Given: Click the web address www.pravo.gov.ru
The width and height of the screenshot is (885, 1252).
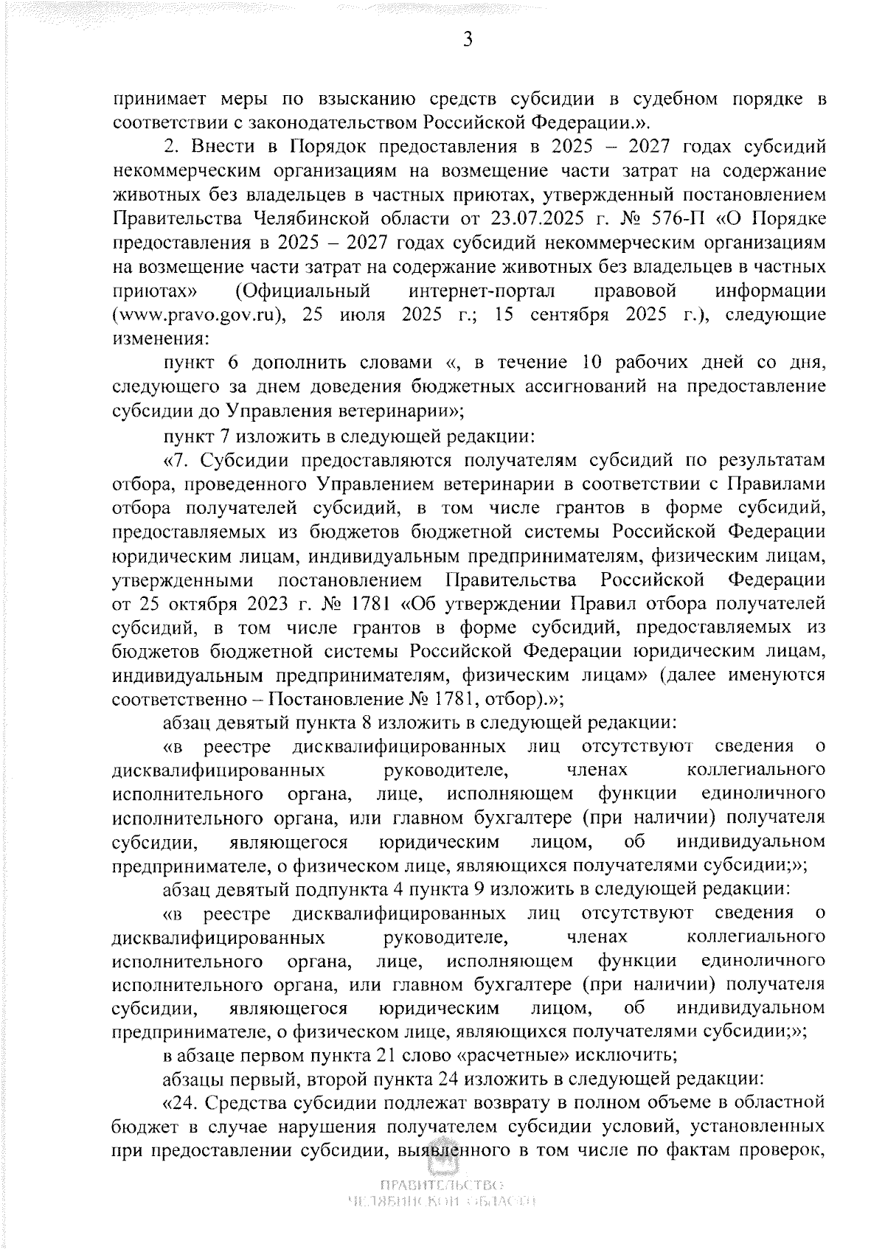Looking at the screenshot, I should coord(198,316).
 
